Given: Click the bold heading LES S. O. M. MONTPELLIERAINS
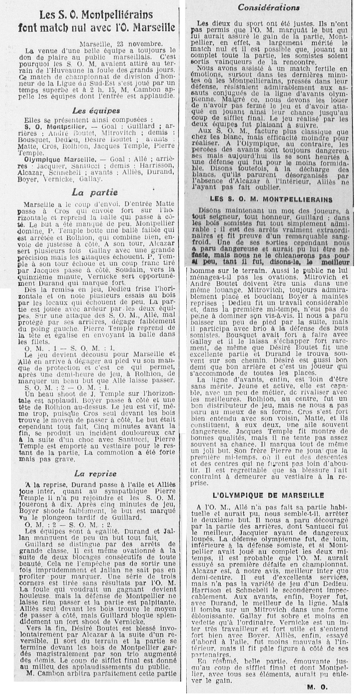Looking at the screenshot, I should [x=271, y=199].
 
